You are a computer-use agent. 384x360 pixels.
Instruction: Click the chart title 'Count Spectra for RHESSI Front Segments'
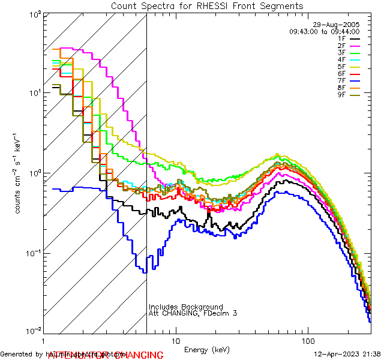(x=207, y=6)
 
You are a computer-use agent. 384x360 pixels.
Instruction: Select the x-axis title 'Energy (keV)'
(x=206, y=350)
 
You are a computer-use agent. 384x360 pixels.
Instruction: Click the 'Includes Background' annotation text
(x=186, y=307)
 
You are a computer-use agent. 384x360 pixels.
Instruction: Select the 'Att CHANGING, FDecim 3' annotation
(x=193, y=314)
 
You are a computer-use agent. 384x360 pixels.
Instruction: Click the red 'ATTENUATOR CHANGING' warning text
(x=105, y=355)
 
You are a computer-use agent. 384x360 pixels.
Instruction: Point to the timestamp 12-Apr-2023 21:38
(x=347, y=353)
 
